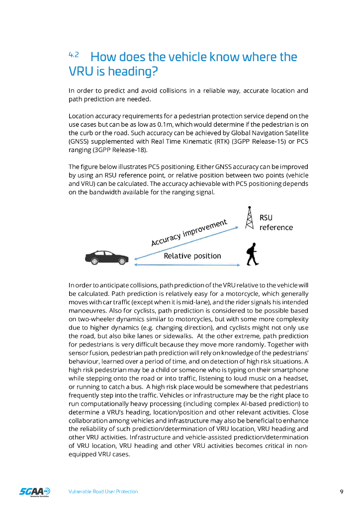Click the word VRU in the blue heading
79,72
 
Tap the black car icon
106,257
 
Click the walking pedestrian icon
252,254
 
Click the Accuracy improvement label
189,232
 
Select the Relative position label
192,256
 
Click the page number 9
342,492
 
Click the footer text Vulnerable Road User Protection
103,492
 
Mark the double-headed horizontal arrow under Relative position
187,264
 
